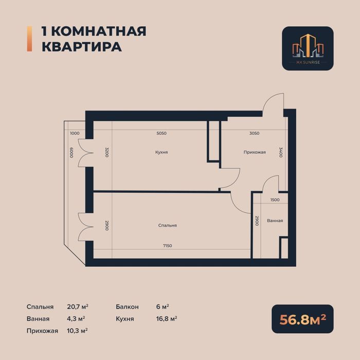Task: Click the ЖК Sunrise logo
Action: [x=308, y=48]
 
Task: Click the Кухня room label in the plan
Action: [x=161, y=153]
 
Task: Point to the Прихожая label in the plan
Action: [x=255, y=153]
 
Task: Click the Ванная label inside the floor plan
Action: [x=275, y=221]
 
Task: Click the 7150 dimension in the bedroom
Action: [x=167, y=246]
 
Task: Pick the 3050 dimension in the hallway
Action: [x=254, y=133]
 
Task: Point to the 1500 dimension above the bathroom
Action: [x=275, y=200]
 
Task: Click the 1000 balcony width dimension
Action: [x=75, y=133]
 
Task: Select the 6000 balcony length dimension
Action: [x=70, y=153]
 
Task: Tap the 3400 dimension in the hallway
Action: [x=281, y=153]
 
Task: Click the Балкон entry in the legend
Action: [x=128, y=307]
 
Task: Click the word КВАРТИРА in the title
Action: [x=81, y=47]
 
